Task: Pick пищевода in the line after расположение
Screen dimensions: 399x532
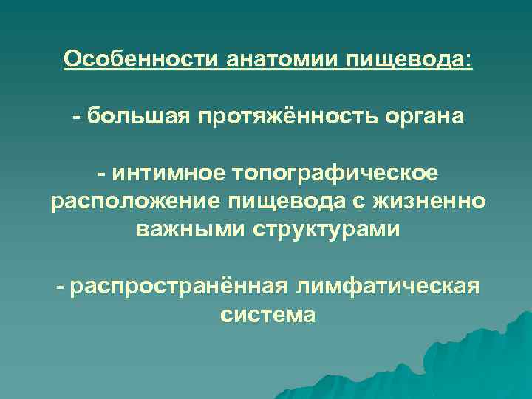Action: (x=276, y=201)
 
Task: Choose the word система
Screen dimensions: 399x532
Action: (x=267, y=315)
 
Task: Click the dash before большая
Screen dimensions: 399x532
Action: (x=76, y=116)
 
